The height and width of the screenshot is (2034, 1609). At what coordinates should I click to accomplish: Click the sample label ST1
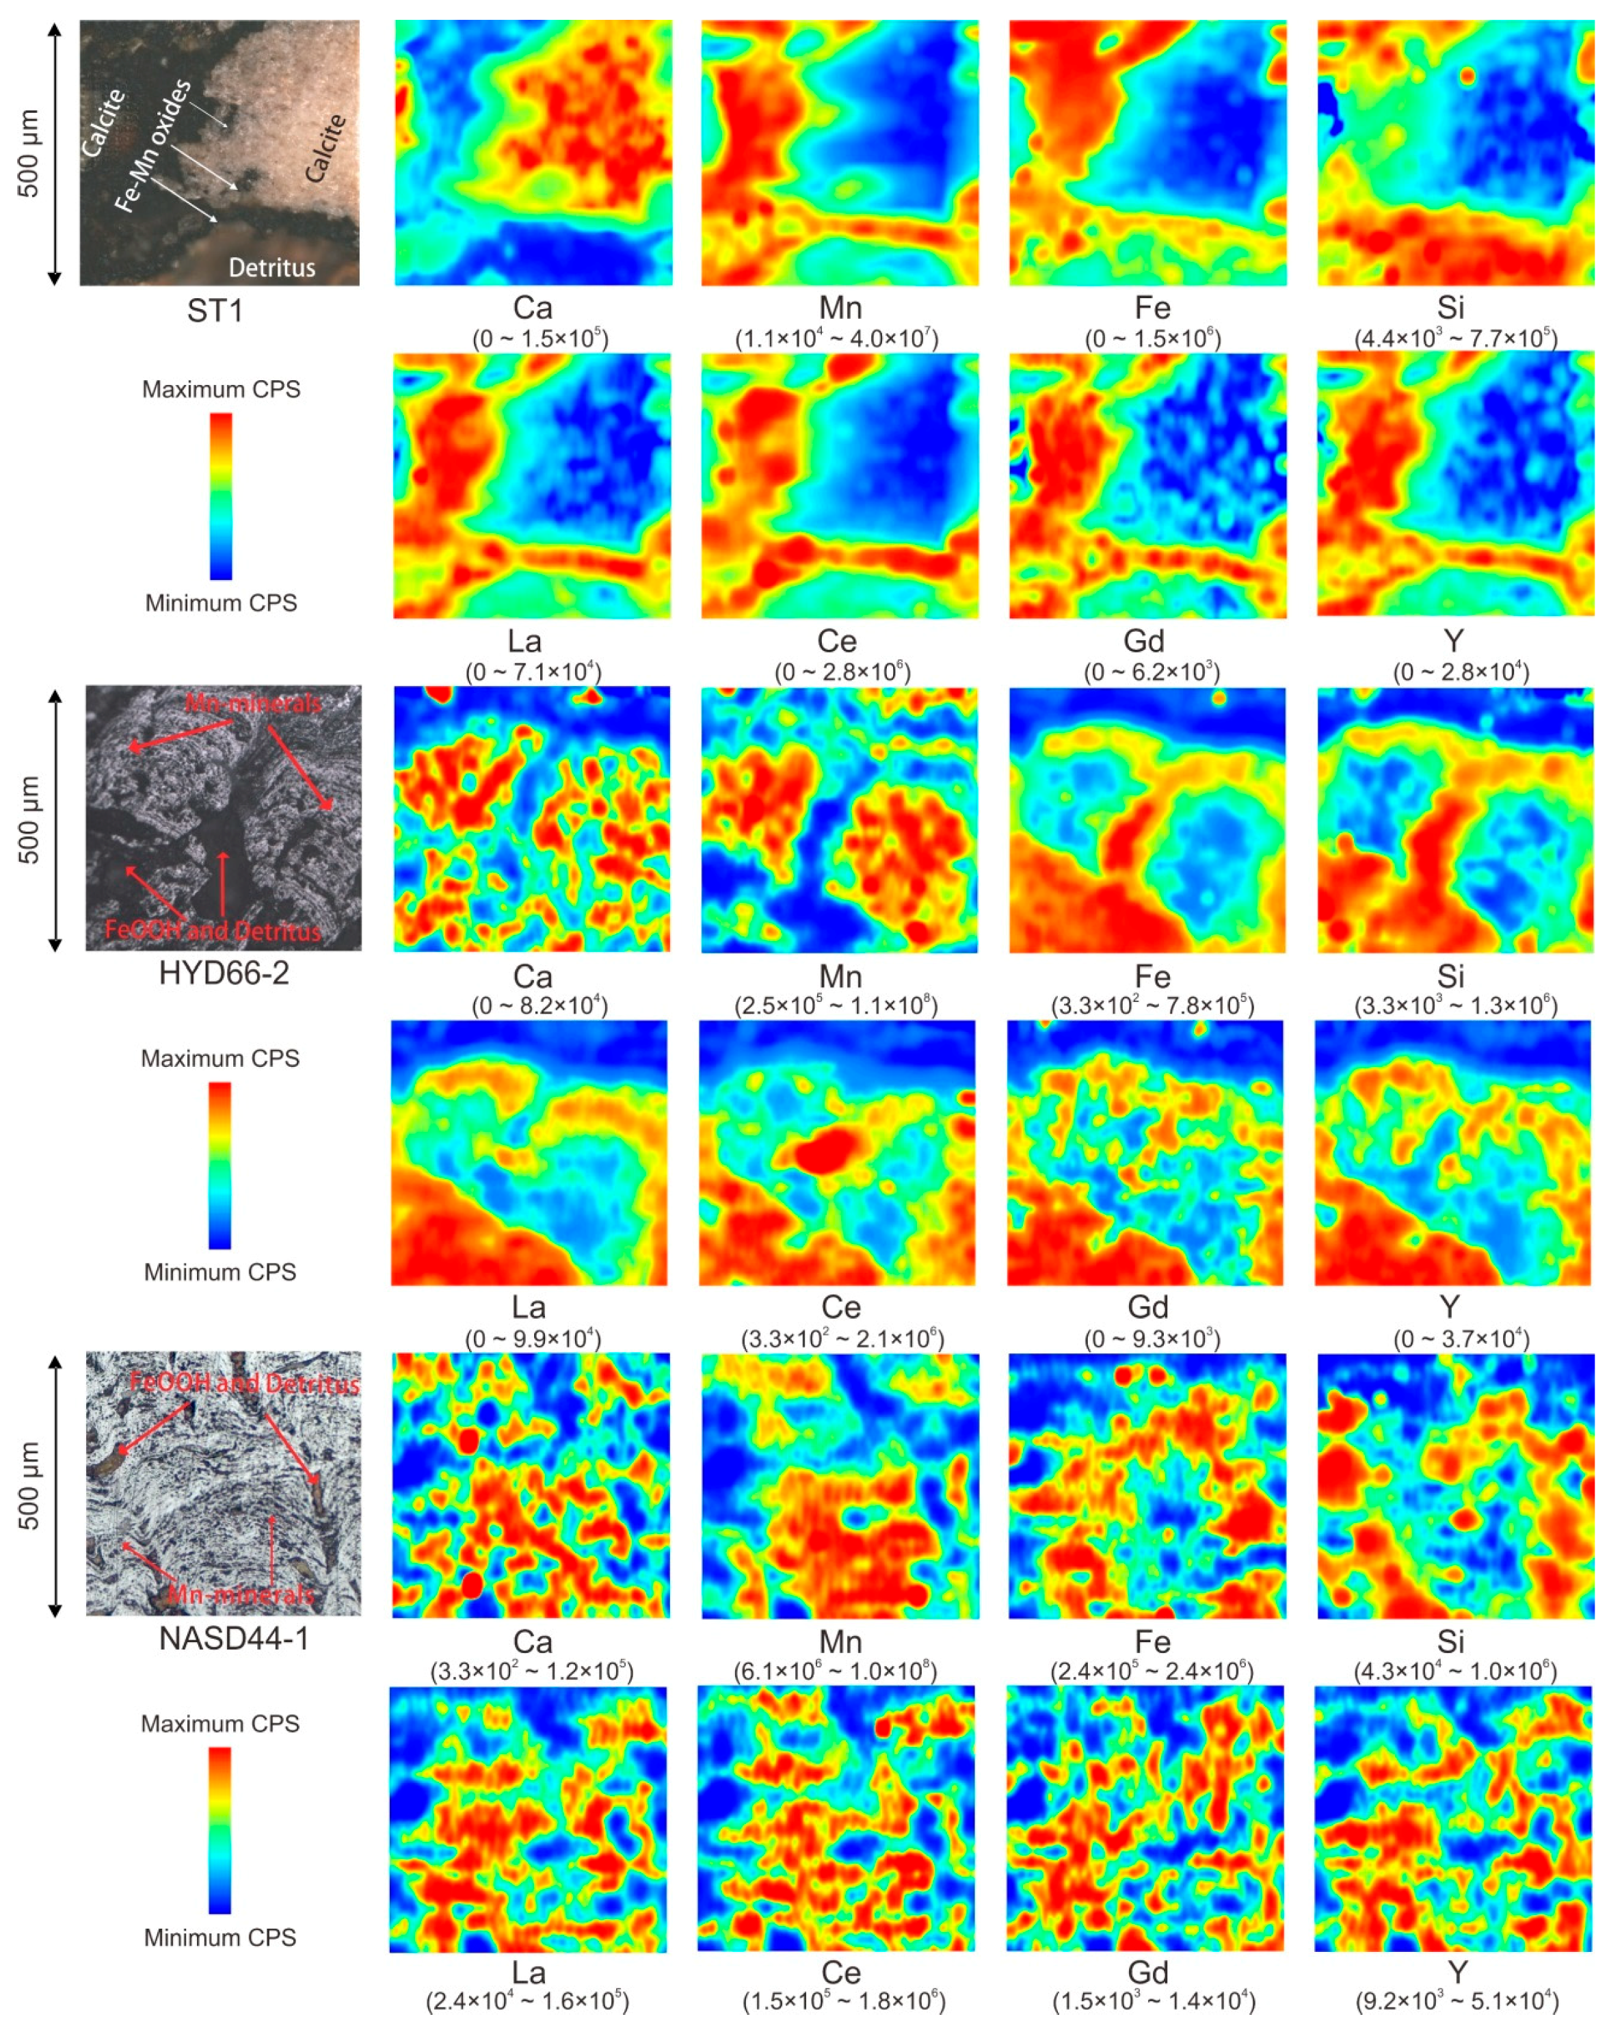tap(215, 311)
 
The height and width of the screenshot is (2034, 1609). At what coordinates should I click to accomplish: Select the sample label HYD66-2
tap(224, 973)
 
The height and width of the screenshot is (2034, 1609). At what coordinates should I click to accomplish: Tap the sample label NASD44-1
tap(234, 1638)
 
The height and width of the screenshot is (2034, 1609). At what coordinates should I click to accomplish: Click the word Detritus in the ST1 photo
tap(272, 267)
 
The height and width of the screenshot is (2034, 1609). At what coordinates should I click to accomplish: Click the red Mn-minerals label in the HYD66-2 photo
tap(252, 704)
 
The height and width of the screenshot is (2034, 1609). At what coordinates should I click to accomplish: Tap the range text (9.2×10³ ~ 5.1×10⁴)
tap(1457, 2001)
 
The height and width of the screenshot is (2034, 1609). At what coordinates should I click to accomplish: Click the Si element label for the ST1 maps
tap(1451, 308)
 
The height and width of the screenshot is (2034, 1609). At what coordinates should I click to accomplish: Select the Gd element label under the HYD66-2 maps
tap(1147, 1308)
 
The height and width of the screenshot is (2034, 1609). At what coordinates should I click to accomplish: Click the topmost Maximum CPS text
tap(222, 390)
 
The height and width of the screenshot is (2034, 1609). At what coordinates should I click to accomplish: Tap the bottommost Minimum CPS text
tap(220, 1938)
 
